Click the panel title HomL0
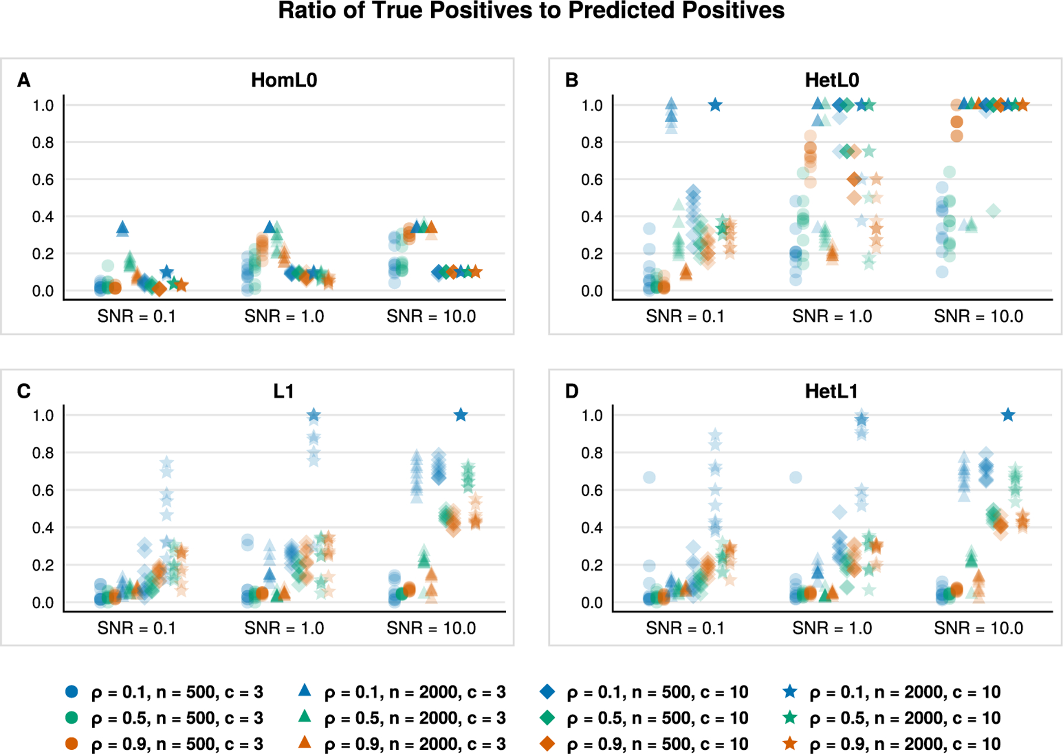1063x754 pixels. click(x=284, y=80)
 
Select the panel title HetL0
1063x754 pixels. click(x=832, y=80)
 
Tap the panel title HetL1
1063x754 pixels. click(x=832, y=391)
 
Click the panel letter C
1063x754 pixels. click(x=24, y=391)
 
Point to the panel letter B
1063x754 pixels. click(x=572, y=80)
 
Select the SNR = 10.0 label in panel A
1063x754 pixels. click(x=431, y=316)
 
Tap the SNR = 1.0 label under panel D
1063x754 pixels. click(x=832, y=628)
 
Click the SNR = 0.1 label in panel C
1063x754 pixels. click(x=136, y=628)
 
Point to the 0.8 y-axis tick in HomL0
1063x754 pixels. click(x=43, y=142)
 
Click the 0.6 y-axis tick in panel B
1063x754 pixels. click(x=592, y=180)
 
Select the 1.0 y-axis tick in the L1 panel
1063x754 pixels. click(x=43, y=415)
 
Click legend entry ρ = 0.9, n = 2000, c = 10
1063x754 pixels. click(x=891, y=744)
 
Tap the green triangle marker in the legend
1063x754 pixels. click(x=305, y=716)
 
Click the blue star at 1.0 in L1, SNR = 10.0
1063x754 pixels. click(x=461, y=415)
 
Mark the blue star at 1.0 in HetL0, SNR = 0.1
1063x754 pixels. click(x=715, y=105)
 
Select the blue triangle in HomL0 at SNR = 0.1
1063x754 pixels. click(x=123, y=227)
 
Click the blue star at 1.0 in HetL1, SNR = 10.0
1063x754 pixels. click(x=1008, y=415)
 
